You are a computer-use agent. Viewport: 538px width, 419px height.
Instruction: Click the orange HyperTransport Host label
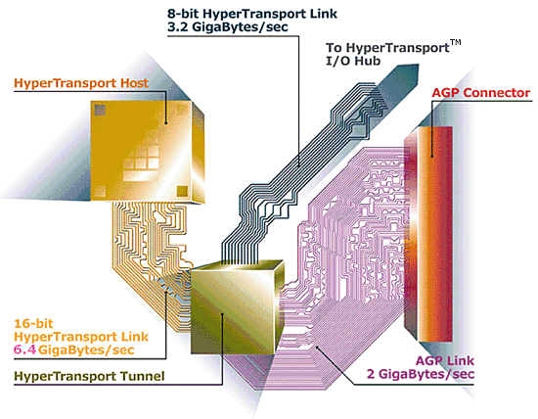81,83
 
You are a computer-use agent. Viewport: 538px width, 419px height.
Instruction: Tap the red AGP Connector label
480,93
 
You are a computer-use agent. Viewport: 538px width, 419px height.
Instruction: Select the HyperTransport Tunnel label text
89,376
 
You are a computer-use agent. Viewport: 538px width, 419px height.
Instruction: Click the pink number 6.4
25,349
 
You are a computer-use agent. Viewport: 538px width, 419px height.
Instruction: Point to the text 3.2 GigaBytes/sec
228,27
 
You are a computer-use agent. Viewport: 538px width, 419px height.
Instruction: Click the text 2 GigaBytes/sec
421,374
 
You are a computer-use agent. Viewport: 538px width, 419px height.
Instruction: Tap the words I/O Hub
353,61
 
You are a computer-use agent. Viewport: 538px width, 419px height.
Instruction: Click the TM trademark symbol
455,43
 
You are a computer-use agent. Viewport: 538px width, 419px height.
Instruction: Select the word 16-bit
33,323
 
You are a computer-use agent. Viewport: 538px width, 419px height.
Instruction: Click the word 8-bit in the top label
184,14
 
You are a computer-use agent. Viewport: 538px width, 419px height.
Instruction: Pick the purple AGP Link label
445,360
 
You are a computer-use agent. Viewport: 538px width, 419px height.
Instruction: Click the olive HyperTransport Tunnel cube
237,306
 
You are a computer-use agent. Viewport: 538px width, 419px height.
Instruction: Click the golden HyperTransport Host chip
148,151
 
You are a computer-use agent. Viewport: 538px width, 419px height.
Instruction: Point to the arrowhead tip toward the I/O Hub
419,65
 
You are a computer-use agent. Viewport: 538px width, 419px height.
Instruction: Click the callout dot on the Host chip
165,122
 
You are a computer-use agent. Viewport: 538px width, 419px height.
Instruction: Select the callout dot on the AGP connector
432,157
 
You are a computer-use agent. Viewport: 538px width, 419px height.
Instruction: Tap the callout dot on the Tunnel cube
222,313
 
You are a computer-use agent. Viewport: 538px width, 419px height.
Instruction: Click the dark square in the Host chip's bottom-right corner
182,191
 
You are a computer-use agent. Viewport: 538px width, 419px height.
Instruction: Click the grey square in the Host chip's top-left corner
100,111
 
